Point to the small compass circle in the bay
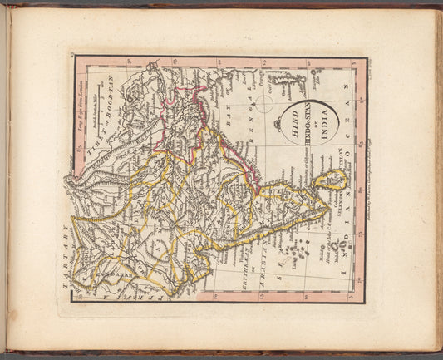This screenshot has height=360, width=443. pos(263,103)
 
